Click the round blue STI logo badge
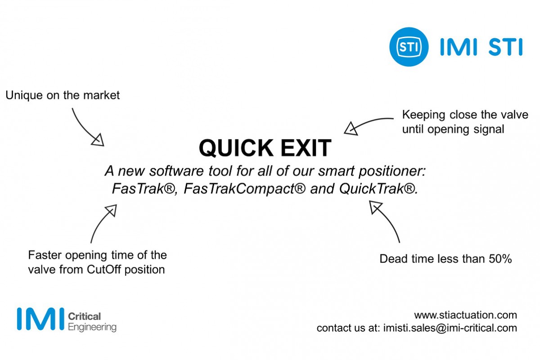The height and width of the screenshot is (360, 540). (x=409, y=47)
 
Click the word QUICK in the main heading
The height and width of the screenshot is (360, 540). (x=236, y=148)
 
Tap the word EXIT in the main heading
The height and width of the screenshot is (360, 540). (x=306, y=148)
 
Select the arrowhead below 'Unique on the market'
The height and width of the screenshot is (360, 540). (x=98, y=140)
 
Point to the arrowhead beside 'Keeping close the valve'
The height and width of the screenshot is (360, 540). (x=351, y=129)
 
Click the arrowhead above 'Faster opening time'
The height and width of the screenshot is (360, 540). (x=112, y=210)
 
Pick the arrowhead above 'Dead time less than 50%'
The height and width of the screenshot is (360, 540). (x=375, y=207)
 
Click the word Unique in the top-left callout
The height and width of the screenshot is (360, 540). (x=24, y=95)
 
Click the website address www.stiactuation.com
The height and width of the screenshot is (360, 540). (x=465, y=315)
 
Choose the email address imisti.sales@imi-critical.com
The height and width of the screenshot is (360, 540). (x=450, y=328)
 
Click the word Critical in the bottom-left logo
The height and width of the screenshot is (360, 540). (x=85, y=316)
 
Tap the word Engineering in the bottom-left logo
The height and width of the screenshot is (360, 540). (x=92, y=328)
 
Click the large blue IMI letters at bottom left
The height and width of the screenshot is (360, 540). (x=40, y=319)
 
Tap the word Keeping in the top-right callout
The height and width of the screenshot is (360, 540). (x=423, y=115)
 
